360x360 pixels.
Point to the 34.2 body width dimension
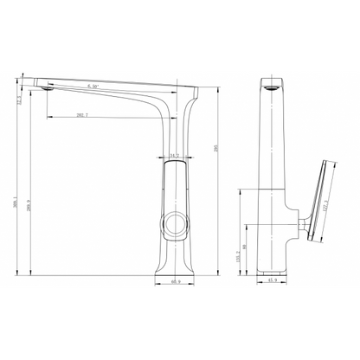[174, 156]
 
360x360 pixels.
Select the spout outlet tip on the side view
[48, 87]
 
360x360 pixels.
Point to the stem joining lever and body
[301, 228]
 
